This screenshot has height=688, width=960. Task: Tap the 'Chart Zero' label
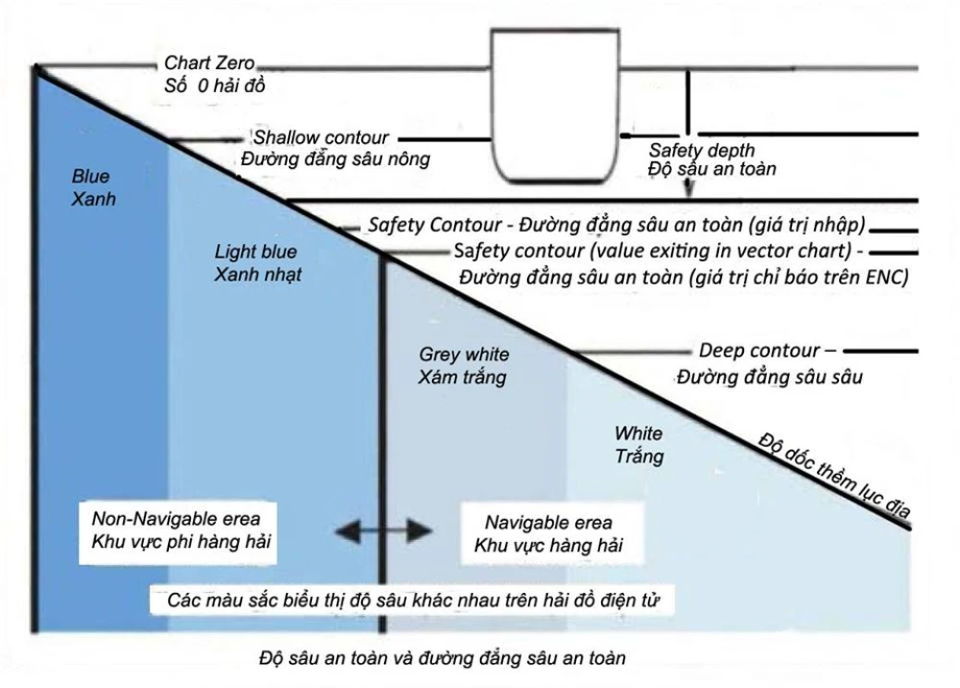(209, 64)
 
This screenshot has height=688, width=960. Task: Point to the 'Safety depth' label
(702, 150)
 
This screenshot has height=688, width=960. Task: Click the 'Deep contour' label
(759, 352)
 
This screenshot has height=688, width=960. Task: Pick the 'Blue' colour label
(91, 177)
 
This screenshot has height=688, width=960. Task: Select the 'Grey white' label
(465, 356)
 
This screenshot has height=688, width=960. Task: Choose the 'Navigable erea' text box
(548, 534)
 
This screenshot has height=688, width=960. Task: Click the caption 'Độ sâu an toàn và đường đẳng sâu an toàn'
(443, 659)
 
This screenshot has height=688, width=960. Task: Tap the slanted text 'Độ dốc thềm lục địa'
(831, 477)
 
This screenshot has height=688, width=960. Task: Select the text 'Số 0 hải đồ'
(214, 86)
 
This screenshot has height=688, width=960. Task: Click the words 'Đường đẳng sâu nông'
(335, 159)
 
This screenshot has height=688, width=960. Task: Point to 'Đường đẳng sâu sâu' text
(768, 376)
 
